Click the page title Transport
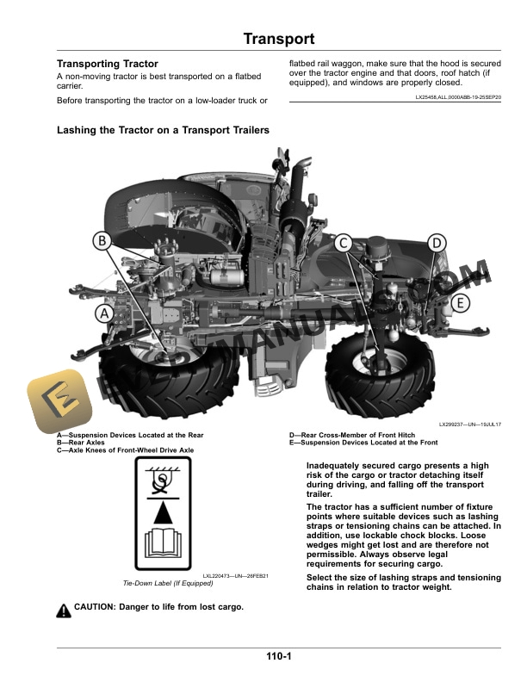point(278,40)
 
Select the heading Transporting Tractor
point(107,65)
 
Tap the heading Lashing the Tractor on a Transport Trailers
point(163,130)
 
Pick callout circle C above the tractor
point(342,243)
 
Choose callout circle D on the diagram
point(437,243)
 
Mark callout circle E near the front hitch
point(460,303)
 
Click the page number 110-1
point(278,658)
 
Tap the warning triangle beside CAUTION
point(64,611)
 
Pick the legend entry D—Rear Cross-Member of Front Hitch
point(355,436)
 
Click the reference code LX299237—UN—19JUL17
point(469,425)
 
